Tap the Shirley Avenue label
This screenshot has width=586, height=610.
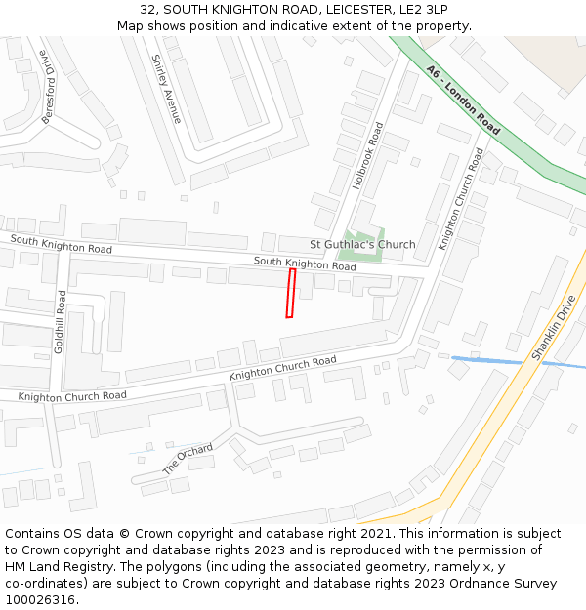point(166,88)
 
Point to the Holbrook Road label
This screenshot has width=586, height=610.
point(368,155)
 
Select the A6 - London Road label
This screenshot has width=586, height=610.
point(464,100)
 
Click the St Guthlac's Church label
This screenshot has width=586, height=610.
point(362,244)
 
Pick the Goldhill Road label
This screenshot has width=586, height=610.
point(61,321)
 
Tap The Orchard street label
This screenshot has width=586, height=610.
point(188,459)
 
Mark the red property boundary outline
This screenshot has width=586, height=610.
point(290,293)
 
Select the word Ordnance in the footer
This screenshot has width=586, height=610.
point(455,584)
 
